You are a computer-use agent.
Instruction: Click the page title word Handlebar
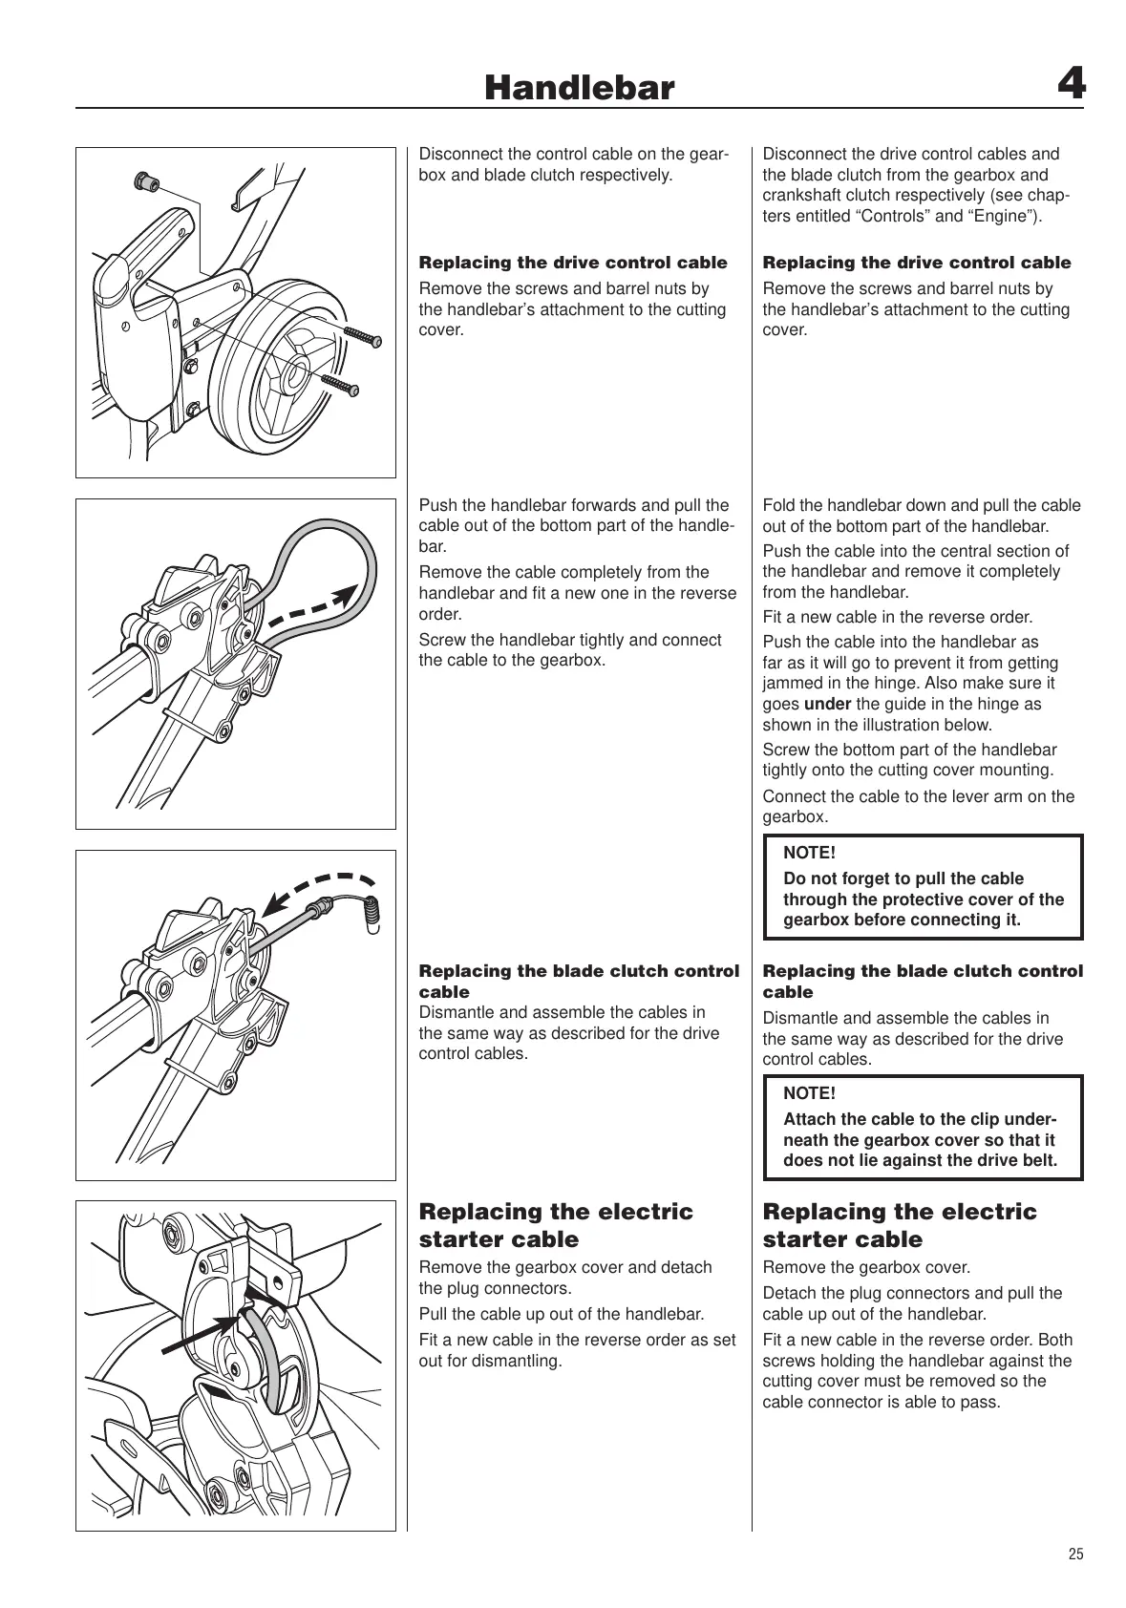pyautogui.click(x=579, y=89)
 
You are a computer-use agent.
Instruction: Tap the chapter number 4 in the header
pyautogui.click(x=1071, y=86)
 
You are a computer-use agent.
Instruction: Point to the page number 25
pyautogui.click(x=1075, y=1554)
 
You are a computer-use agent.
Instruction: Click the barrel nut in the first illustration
pyautogui.click(x=147, y=180)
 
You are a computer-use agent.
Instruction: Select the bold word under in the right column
pyautogui.click(x=827, y=704)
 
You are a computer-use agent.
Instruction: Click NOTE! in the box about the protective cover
pyautogui.click(x=809, y=853)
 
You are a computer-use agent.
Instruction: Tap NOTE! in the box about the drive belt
pyautogui.click(x=809, y=1093)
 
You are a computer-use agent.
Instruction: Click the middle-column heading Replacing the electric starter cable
pyautogui.click(x=556, y=1225)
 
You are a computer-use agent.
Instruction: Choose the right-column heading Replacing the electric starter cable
pyautogui.click(x=899, y=1225)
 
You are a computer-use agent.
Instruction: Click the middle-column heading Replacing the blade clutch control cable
pyautogui.click(x=579, y=981)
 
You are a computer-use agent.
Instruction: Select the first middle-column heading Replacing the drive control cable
pyautogui.click(x=573, y=263)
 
